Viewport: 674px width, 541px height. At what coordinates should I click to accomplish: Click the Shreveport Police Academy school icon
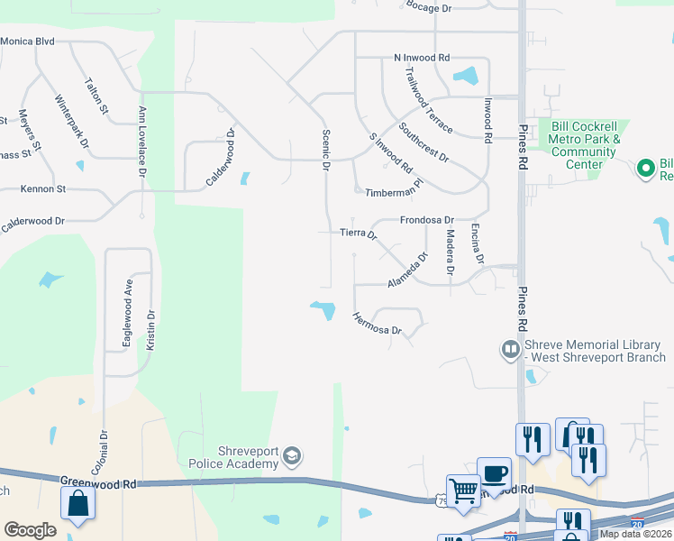coord(291,457)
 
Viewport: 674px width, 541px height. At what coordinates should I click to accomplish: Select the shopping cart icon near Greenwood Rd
coord(463,491)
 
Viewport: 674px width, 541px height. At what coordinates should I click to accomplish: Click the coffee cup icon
coord(494,472)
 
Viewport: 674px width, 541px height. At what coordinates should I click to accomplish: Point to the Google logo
coord(30,529)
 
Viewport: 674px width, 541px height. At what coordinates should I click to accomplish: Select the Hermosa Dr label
coord(376,324)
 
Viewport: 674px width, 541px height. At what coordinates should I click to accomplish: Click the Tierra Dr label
coord(358,234)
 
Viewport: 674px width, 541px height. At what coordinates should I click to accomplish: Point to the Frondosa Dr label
coord(427,220)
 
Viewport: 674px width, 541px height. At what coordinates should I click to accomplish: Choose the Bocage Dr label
coord(428,7)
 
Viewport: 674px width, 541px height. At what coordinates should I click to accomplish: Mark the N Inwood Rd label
coord(422,58)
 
